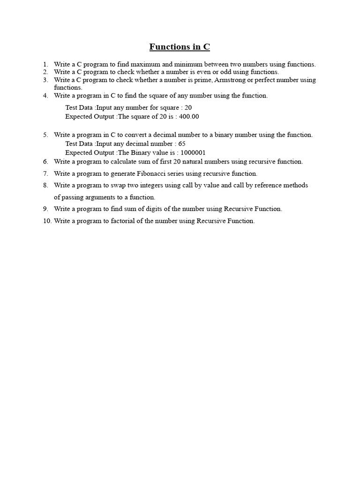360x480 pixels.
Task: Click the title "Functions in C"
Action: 180,47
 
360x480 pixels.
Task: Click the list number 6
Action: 46,161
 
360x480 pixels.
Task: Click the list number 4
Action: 46,95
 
